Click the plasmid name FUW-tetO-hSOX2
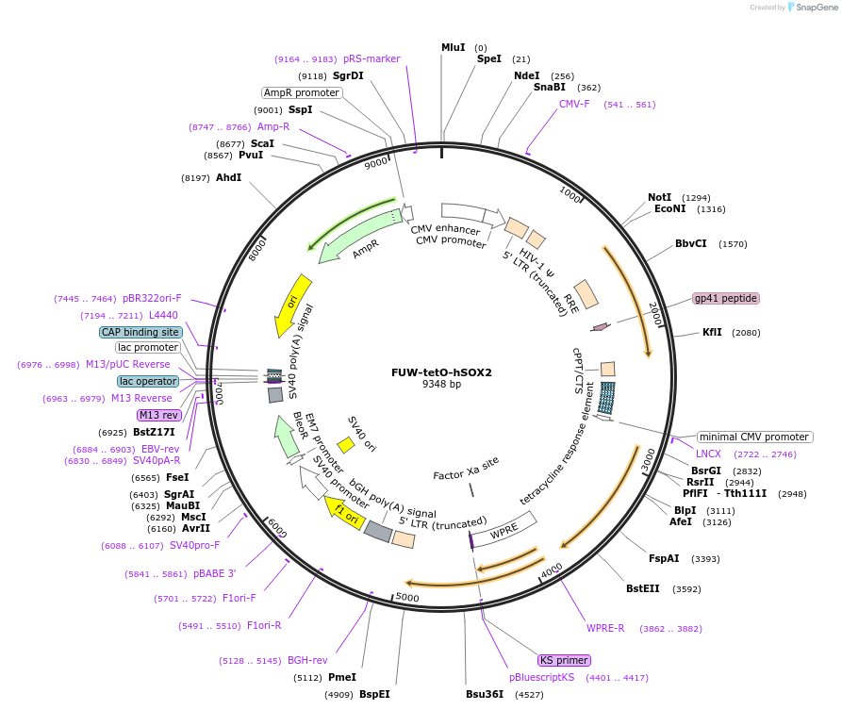pyautogui.click(x=441, y=372)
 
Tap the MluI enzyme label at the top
pyautogui.click(x=454, y=47)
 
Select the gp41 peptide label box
pyautogui.click(x=725, y=298)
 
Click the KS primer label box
pyautogui.click(x=565, y=660)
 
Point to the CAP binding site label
pyautogui.click(x=140, y=332)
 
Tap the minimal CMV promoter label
pyautogui.click(x=754, y=437)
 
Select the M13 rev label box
pyautogui.click(x=158, y=415)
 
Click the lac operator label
pyautogui.click(x=148, y=381)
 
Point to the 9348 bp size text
pyautogui.click(x=441, y=384)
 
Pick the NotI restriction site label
pyautogui.click(x=659, y=197)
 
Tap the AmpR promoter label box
pyautogui.click(x=302, y=92)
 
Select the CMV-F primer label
pyautogui.click(x=574, y=104)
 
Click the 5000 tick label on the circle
pyautogui.click(x=407, y=598)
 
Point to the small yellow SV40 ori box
pyautogui.click(x=346, y=443)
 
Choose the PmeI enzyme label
pyautogui.click(x=341, y=677)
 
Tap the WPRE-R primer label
pyautogui.click(x=605, y=628)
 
